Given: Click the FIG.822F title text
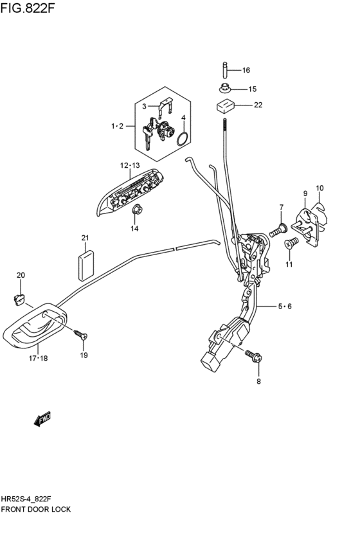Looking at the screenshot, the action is coord(28,8).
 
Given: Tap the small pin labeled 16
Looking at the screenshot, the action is coord(226,70).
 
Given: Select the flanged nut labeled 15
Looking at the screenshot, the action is coord(226,89).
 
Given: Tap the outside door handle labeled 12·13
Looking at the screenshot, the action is coord(129,193).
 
